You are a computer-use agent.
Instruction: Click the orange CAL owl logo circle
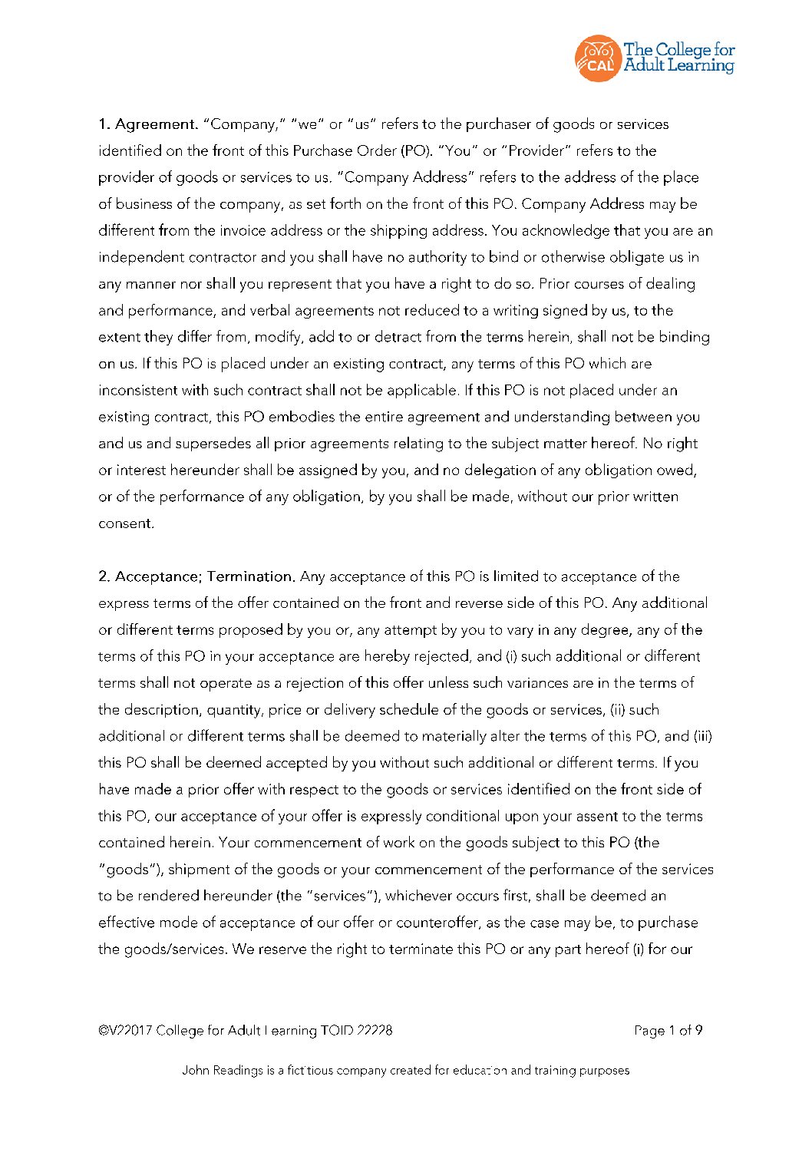pyautogui.click(x=598, y=58)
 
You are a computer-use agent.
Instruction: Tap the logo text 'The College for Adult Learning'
pyautogui.click(x=678, y=58)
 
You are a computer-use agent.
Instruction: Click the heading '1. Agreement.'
pyautogui.click(x=148, y=124)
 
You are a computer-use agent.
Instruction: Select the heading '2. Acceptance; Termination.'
pyautogui.click(x=196, y=576)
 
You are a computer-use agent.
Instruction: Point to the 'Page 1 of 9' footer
pyautogui.click(x=668, y=1030)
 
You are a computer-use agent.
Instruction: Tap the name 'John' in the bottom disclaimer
pyautogui.click(x=195, y=1070)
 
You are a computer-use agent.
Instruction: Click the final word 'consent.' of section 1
pyautogui.click(x=126, y=523)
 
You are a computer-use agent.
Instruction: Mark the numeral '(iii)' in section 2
pyautogui.click(x=702, y=736)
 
